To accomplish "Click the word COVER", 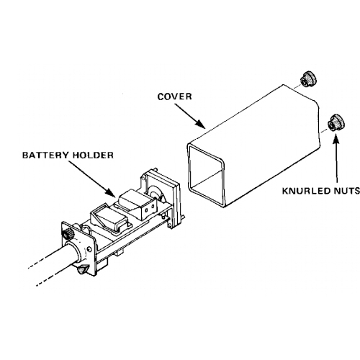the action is pos(174,96).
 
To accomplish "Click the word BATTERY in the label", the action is pos(45,155).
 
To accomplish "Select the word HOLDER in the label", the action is pos(93,155).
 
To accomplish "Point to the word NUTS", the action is pos(346,191).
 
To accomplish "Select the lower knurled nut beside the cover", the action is pos(336,123).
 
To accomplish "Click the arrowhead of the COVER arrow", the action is pos(201,124).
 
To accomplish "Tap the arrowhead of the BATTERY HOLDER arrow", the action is pos(111,193).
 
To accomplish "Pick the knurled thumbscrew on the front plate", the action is pos(68,234).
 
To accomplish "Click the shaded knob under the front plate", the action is pos(82,269).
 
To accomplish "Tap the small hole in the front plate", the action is pos(90,249).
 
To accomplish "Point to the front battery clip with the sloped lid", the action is pos(109,217).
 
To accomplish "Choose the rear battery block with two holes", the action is pos(139,203).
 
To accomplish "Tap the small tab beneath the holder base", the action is pos(120,253).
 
